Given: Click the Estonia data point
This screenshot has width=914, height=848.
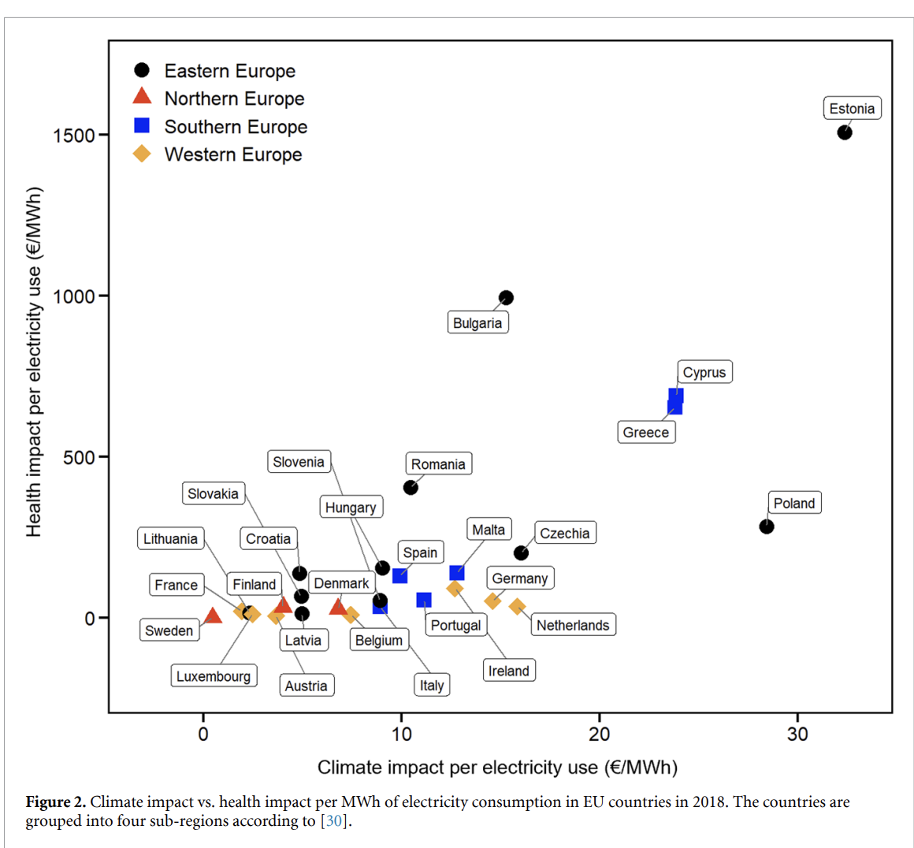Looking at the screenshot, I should point(844,132).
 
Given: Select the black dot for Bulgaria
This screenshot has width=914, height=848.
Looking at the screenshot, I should point(506,298).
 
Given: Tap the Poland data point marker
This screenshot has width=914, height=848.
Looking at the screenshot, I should point(766,526).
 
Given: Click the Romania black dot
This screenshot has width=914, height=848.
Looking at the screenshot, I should point(411,488).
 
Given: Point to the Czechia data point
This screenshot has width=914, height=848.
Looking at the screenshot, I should point(521,553).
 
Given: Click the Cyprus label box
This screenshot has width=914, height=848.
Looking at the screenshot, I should point(704,372).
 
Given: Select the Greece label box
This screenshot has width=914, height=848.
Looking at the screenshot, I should point(645,432).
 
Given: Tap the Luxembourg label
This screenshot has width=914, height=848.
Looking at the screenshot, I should point(214,676).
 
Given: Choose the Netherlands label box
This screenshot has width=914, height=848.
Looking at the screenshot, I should point(573,625).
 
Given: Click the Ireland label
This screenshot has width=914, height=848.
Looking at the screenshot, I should point(508,671).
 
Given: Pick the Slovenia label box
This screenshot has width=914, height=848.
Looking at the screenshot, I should point(299,462).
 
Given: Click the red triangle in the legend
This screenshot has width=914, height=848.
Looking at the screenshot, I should point(142,96).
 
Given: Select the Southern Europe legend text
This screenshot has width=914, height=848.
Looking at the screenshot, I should point(236,127).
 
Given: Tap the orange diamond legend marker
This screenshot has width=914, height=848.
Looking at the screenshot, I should point(142,154).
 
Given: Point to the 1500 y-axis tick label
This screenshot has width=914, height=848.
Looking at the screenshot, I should point(74,135).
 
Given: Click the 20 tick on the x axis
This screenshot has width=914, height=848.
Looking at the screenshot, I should point(599,735).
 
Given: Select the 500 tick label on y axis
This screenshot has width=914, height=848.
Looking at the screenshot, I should point(79,457).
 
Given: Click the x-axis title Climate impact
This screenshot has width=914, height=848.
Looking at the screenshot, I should point(497,768).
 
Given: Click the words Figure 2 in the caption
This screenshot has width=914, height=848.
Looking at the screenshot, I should point(55,802).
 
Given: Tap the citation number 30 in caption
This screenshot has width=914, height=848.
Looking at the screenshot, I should point(335,821).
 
